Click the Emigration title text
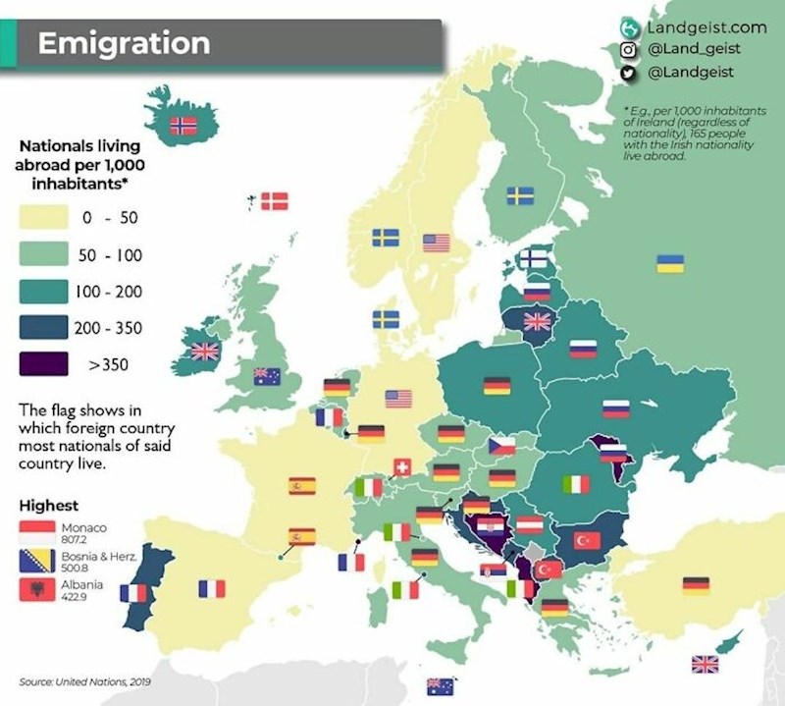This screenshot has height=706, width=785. point(124,44)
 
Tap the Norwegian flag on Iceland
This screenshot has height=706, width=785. point(183,125)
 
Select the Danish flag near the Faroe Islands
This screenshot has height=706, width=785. point(273,200)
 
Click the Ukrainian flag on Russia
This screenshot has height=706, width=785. point(670,263)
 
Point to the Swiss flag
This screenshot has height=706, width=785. point(401,467)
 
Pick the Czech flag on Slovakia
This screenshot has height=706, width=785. point(502,446)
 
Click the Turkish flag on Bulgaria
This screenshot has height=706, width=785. point(587,540)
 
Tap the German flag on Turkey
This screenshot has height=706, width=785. point(696,586)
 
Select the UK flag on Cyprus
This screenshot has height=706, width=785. point(705,665)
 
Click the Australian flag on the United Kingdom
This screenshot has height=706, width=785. point(267,375)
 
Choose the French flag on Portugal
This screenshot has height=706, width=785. point(132,593)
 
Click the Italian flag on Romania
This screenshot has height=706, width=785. point(575,484)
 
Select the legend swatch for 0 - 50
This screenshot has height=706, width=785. point(42,217)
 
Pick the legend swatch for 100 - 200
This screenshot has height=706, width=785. point(42,292)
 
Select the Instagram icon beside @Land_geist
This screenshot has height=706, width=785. point(630,49)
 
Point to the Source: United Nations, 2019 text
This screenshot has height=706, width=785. point(82,680)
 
